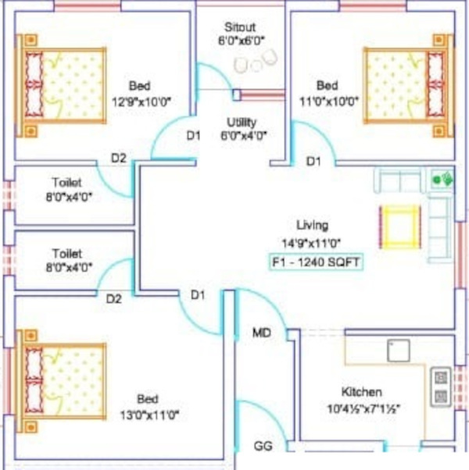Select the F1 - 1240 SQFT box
click(x=316, y=262)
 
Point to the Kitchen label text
click(x=361, y=392)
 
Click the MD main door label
click(x=261, y=333)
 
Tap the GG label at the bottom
click(x=263, y=447)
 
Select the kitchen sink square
click(x=398, y=350)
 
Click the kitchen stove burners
click(x=440, y=386)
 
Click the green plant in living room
click(x=442, y=180)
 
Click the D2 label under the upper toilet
click(x=118, y=158)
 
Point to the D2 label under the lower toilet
click(x=114, y=298)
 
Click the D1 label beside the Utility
click(x=193, y=137)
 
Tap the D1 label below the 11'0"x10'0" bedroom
click(x=313, y=162)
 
